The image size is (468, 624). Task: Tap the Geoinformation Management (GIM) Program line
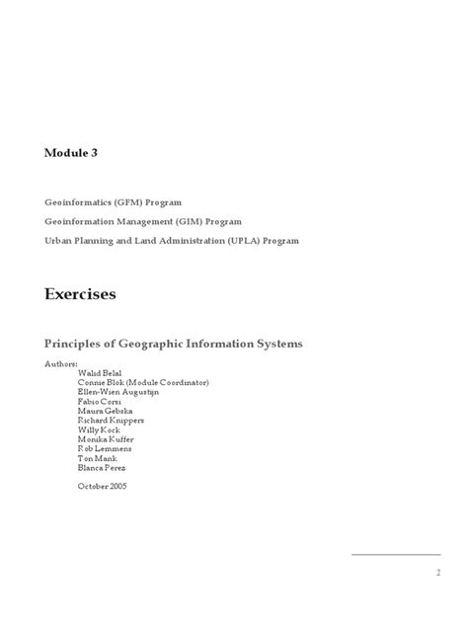point(143,221)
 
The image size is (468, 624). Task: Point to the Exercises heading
point(80,294)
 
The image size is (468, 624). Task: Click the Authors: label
point(61,363)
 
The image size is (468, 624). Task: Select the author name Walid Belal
point(101,373)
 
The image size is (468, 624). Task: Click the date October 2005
point(101,486)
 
